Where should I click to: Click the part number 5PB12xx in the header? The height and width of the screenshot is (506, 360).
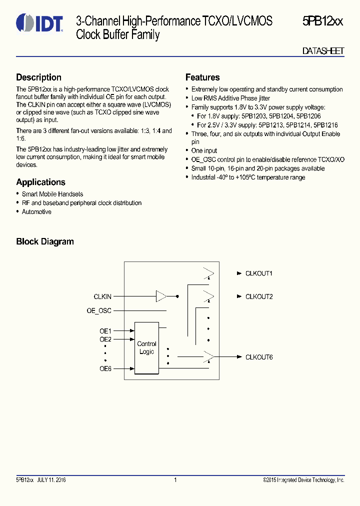click(322, 21)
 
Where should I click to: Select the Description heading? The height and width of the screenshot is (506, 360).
click(38, 77)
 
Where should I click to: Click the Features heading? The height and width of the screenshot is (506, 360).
click(202, 77)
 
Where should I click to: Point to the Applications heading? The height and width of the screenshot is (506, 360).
click(40, 182)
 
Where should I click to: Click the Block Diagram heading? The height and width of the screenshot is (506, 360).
click(45, 241)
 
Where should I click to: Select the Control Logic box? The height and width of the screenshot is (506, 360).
click(146, 348)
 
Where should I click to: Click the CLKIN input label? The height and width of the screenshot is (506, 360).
click(102, 296)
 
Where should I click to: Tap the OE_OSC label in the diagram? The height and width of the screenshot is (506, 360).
click(99, 310)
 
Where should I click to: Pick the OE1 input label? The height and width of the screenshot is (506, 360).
click(105, 330)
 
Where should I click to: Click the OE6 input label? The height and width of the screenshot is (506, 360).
click(105, 369)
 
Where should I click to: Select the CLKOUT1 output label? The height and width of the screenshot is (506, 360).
click(258, 273)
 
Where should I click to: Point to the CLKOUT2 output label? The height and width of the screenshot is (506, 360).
click(258, 296)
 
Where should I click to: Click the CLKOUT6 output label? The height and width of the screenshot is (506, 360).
click(258, 357)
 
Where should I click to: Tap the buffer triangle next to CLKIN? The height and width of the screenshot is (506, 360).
click(161, 296)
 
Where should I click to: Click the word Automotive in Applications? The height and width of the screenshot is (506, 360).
click(36, 212)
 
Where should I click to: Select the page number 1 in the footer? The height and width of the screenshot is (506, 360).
click(175, 480)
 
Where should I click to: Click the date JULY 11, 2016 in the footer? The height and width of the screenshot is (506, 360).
click(51, 480)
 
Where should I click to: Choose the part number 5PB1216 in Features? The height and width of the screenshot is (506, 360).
click(326, 125)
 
